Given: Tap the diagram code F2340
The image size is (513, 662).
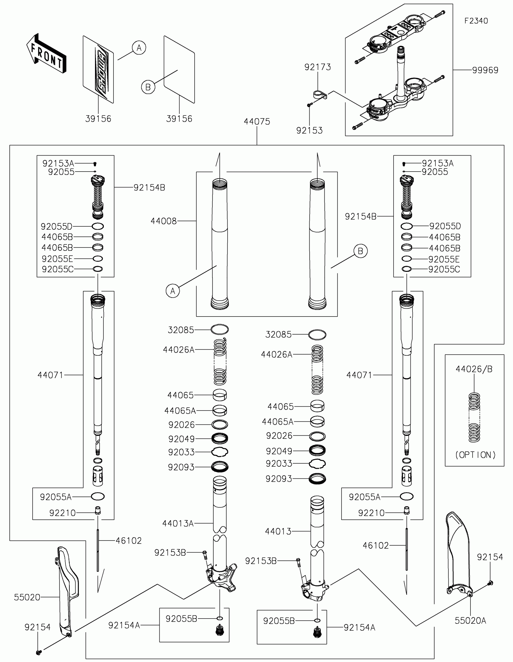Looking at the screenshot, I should tap(476, 21).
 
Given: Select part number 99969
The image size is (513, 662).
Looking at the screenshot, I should tap(485, 70).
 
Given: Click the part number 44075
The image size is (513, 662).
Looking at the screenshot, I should tap(257, 121).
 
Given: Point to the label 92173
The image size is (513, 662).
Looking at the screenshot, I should tap(317, 67).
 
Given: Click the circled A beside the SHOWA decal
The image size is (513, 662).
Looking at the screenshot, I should tap(139, 48).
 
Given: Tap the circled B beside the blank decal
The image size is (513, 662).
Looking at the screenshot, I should tap(148, 87).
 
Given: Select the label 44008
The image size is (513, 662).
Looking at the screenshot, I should tap(164, 221).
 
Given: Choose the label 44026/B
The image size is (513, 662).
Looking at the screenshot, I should tap(474, 369).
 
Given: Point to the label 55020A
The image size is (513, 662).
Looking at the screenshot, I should tap(470, 621).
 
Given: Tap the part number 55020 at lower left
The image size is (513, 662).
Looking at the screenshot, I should tap(27, 597).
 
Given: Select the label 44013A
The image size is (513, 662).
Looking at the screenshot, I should tap(178, 523).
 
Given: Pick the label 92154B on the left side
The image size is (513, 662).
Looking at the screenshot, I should tap(149, 188).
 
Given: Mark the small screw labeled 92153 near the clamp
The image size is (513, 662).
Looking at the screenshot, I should tap(309, 105).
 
